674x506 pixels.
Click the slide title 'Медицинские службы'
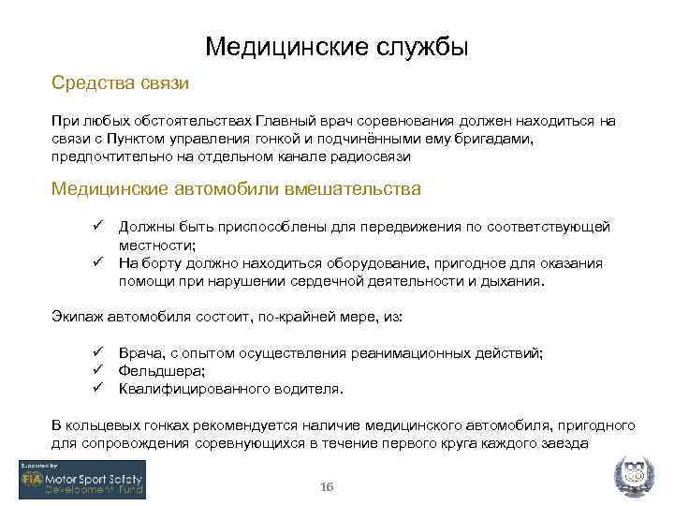point(336,46)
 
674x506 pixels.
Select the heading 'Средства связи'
point(121,83)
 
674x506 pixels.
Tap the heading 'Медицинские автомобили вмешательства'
point(236,189)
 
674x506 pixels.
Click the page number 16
point(327,487)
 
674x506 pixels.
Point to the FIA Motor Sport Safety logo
point(81,480)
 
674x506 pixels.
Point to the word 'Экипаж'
point(76,318)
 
